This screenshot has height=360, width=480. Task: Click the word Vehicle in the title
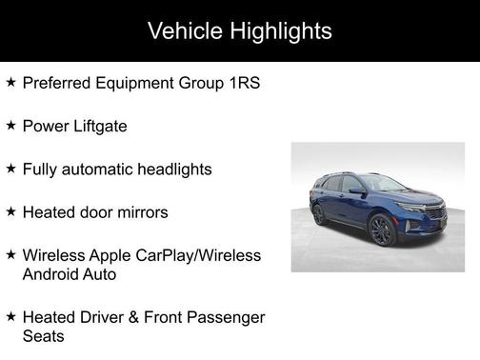[185, 30]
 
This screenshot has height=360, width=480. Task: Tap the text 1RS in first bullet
[242, 83]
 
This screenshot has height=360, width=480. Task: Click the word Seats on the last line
[44, 335]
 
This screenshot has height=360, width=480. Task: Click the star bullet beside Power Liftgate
[10, 125]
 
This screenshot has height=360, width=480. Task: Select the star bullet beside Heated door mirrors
[10, 210]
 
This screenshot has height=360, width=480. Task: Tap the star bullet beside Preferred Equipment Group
[10, 82]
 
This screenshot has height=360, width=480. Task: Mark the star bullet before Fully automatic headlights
[10, 168]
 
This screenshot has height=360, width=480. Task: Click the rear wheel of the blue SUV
[319, 214]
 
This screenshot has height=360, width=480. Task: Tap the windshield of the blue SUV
[383, 185]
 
